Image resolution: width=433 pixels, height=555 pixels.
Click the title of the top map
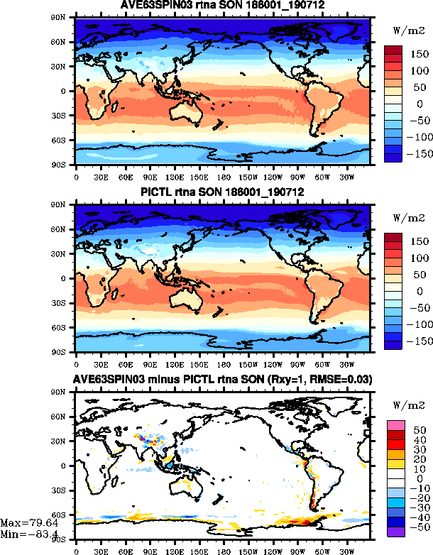pyautogui.click(x=222, y=6)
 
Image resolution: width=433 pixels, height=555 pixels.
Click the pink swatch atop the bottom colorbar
pyautogui.click(x=396, y=424)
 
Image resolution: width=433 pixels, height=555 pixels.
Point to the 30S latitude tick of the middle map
pyautogui.click(x=63, y=303)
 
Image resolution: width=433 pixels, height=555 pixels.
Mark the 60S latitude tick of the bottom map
pyautogui.click(x=63, y=515)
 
